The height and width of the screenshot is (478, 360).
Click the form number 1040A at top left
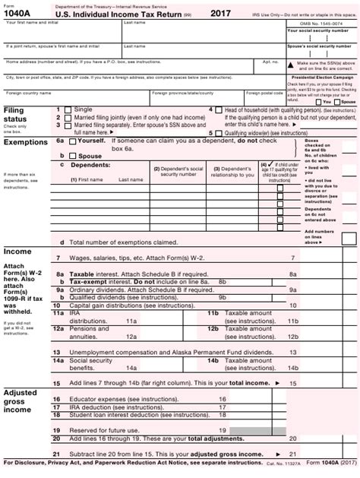(x=19, y=14)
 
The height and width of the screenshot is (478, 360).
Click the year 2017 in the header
(x=220, y=13)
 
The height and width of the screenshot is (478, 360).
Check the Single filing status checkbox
(x=68, y=110)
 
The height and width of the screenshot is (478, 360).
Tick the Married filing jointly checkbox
(x=68, y=118)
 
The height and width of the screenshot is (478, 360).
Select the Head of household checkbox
(x=219, y=110)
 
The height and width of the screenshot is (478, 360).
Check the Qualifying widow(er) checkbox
(x=219, y=132)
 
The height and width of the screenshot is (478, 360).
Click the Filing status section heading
(x=14, y=115)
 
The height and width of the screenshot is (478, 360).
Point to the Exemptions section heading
(x=26, y=142)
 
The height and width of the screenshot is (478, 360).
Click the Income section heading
(x=17, y=251)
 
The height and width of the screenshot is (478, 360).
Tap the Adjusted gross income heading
(x=21, y=400)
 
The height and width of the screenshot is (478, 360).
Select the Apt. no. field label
(x=270, y=62)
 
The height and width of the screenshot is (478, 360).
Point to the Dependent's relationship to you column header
(x=231, y=172)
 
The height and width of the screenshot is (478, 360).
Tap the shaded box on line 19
(x=248, y=430)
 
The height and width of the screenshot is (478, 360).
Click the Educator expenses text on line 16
(x=114, y=397)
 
